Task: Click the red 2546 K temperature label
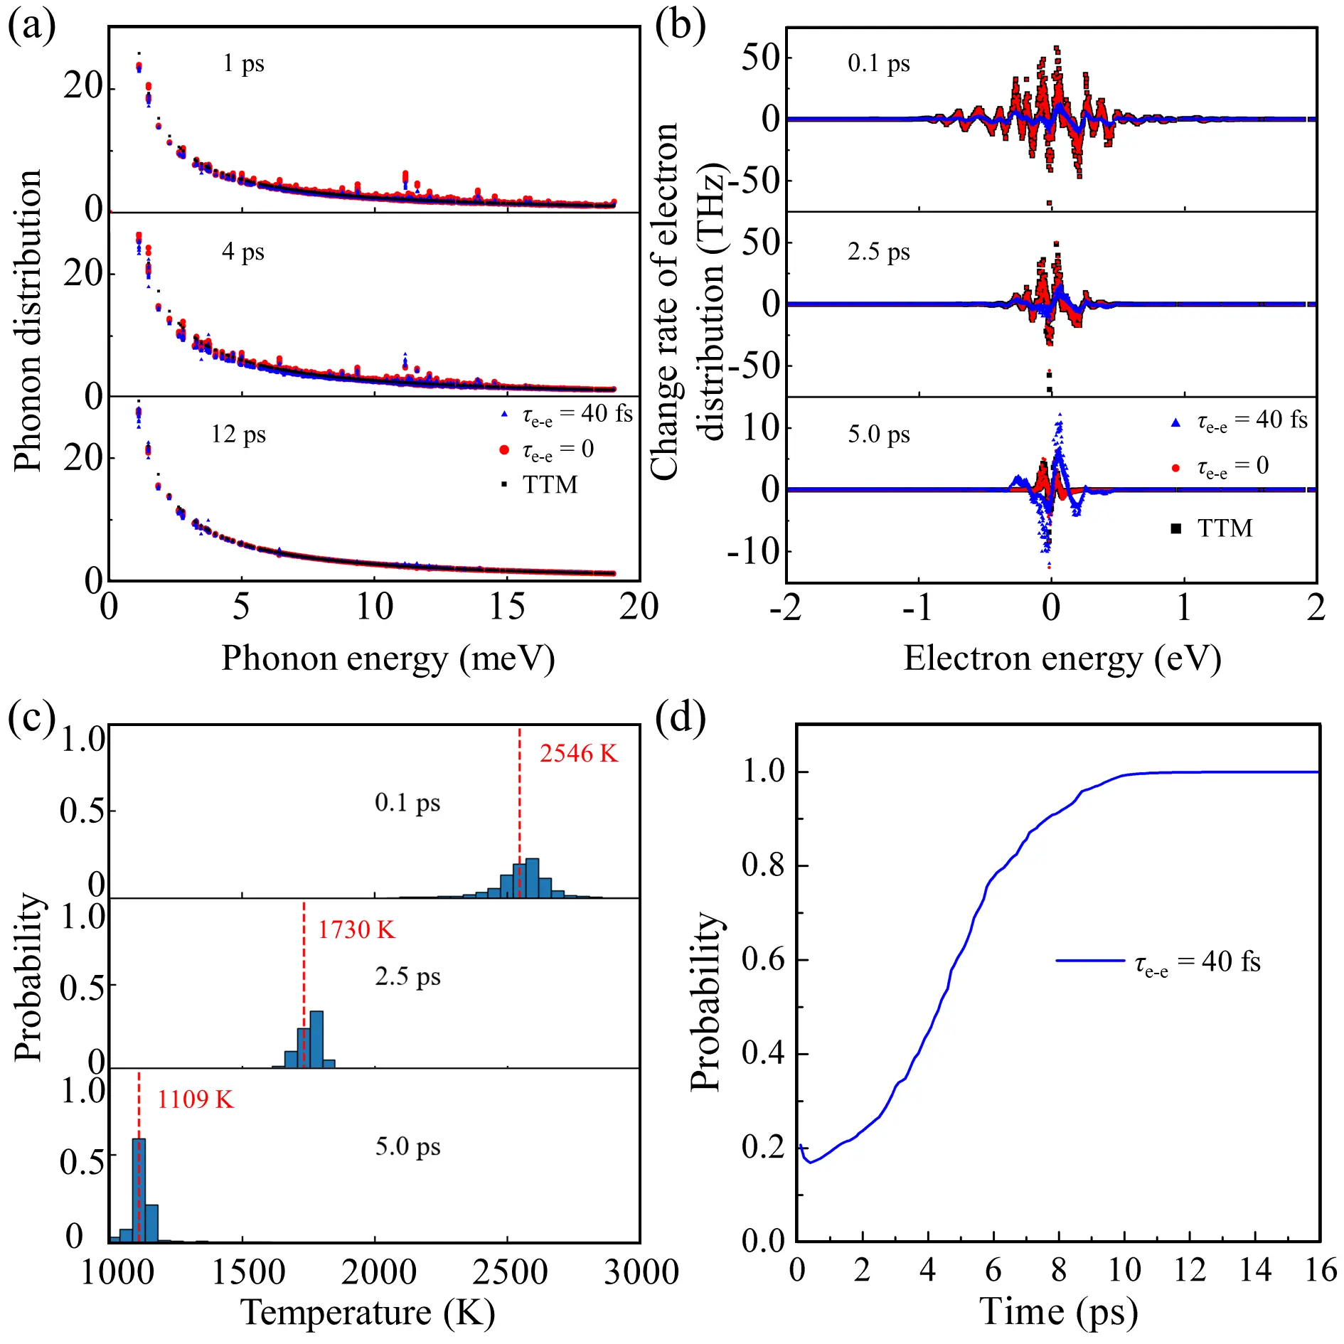click(578, 754)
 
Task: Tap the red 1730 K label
click(356, 930)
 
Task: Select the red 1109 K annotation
click(195, 1100)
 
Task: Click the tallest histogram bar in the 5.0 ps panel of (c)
click(139, 1190)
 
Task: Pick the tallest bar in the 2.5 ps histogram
click(317, 1039)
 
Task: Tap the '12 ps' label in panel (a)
click(238, 434)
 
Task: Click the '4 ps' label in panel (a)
click(243, 251)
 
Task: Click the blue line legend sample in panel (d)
click(1090, 961)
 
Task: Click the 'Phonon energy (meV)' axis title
click(388, 658)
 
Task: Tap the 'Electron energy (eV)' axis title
click(1062, 658)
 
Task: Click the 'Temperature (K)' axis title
click(368, 1312)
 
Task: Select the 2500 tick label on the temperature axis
click(510, 1271)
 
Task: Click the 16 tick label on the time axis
click(1321, 1269)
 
